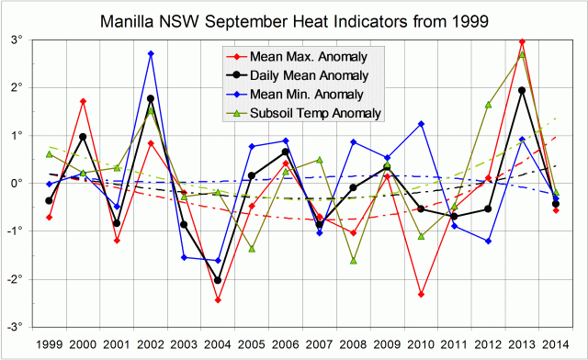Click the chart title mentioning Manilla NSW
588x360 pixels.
click(294, 19)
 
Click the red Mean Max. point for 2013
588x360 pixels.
click(522, 41)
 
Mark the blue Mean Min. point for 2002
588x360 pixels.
click(151, 54)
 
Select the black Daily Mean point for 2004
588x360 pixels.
click(218, 280)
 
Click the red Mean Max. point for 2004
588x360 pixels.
click(218, 299)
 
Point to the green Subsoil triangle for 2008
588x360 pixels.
click(353, 260)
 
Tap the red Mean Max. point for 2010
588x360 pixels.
click(421, 294)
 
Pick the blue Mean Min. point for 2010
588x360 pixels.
click(421, 124)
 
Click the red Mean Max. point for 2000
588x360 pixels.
click(83, 101)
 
